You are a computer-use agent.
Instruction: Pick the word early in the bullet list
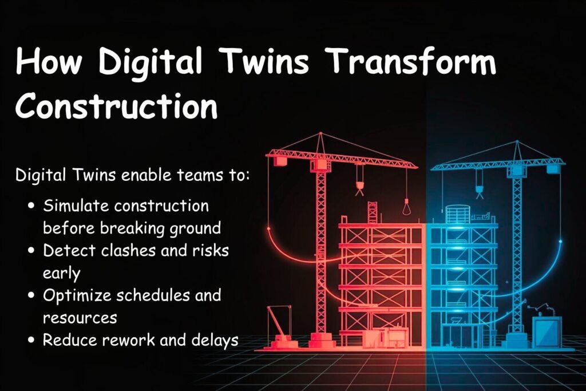point(61,272)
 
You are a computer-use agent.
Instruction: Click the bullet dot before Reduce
point(32,341)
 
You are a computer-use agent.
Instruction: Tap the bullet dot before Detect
point(32,250)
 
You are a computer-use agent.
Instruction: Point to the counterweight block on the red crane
point(280,161)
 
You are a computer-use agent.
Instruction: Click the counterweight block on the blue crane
point(552,168)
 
